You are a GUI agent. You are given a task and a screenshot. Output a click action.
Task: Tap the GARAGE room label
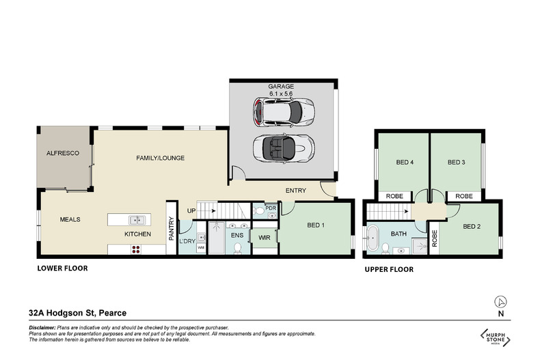pos(281,87)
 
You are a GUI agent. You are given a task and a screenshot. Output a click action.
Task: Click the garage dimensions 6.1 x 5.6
pos(281,94)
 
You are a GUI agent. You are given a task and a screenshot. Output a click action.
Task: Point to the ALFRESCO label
pos(63,154)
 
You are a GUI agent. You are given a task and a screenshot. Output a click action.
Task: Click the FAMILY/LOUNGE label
pos(161,158)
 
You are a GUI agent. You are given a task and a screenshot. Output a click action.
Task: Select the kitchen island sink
pos(137,220)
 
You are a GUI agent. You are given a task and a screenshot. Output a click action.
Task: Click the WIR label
pos(263,238)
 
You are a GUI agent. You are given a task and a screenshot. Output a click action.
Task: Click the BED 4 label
pos(405,163)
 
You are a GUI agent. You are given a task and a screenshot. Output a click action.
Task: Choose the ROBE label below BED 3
pos(464,196)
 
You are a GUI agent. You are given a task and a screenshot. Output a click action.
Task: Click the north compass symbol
pos(501,301)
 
